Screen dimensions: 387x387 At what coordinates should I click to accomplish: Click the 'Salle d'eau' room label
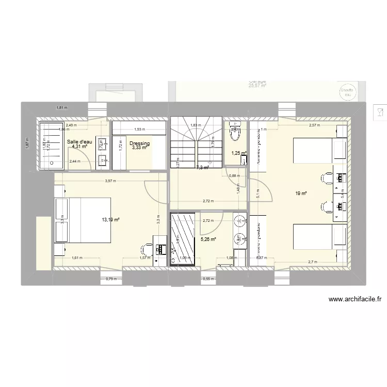(x=79, y=141)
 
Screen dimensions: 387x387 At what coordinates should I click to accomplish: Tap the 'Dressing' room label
(x=139, y=143)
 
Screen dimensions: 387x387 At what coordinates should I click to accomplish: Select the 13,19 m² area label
(x=110, y=220)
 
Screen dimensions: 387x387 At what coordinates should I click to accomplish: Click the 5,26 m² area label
(x=208, y=239)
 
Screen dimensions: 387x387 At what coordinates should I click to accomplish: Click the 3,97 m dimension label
(x=110, y=181)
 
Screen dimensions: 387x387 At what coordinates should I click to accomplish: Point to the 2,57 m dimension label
(x=314, y=125)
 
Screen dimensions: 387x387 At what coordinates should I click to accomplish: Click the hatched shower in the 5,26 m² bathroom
(x=183, y=238)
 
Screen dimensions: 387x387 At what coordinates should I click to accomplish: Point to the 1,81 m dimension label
(x=62, y=107)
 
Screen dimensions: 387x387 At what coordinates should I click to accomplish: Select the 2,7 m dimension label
(x=313, y=262)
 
